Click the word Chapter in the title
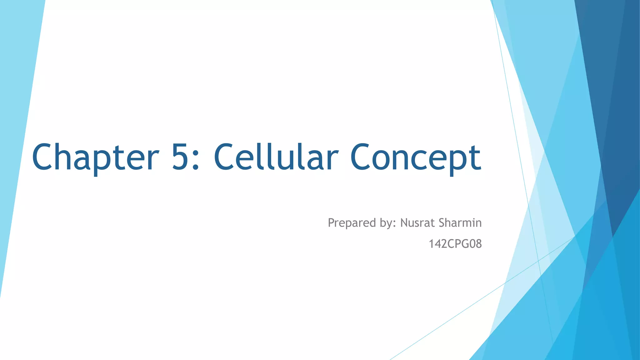point(95,157)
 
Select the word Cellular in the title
point(276,157)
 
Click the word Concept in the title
point(416,157)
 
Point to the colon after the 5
point(196,159)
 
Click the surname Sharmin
point(460,223)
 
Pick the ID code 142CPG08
point(455,244)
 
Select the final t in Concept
point(476,158)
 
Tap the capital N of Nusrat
point(404,223)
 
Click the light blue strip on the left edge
point(16,125)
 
